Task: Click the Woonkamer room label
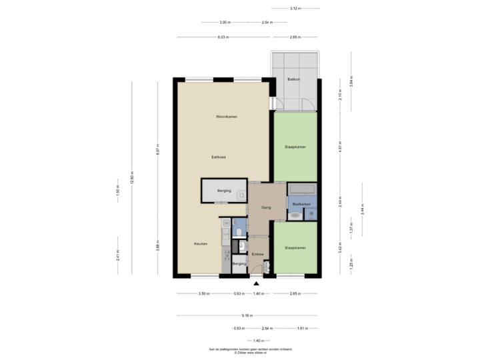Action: (x=227, y=117)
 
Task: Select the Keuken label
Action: (x=201, y=243)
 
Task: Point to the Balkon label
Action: (x=293, y=79)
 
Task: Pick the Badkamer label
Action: (x=301, y=203)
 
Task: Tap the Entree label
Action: (x=257, y=253)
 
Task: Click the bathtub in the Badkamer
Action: (x=302, y=189)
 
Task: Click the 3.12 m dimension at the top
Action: (x=295, y=9)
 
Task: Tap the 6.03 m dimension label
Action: (x=223, y=37)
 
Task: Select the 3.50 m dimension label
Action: (x=204, y=293)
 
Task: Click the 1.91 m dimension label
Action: (x=301, y=328)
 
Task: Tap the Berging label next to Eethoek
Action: (x=223, y=191)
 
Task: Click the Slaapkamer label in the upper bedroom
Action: (x=295, y=147)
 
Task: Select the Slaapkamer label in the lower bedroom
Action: (x=295, y=247)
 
